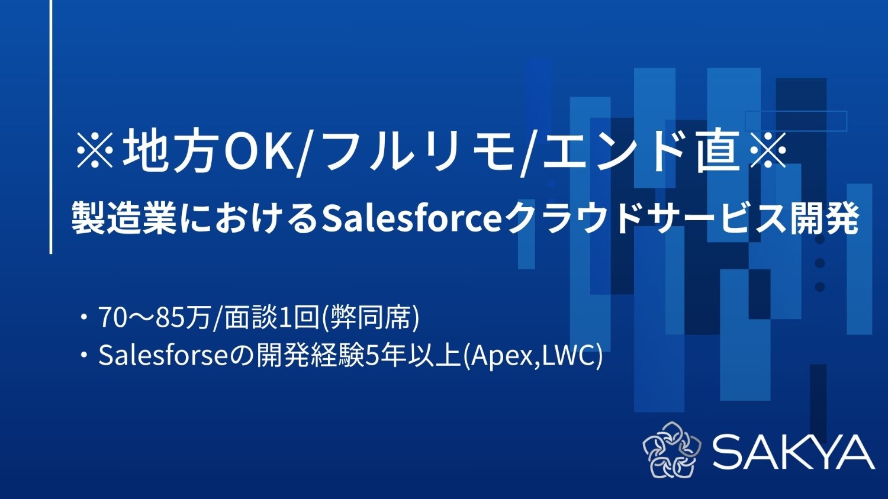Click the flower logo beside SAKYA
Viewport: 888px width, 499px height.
click(x=671, y=450)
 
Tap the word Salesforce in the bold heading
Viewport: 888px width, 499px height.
click(x=411, y=218)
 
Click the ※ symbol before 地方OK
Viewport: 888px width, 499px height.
click(x=95, y=152)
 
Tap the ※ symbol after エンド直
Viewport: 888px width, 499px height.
click(x=768, y=152)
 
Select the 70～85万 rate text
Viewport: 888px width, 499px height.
click(x=155, y=318)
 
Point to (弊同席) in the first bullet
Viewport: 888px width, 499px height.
click(x=371, y=318)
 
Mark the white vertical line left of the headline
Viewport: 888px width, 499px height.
click(x=51, y=127)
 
